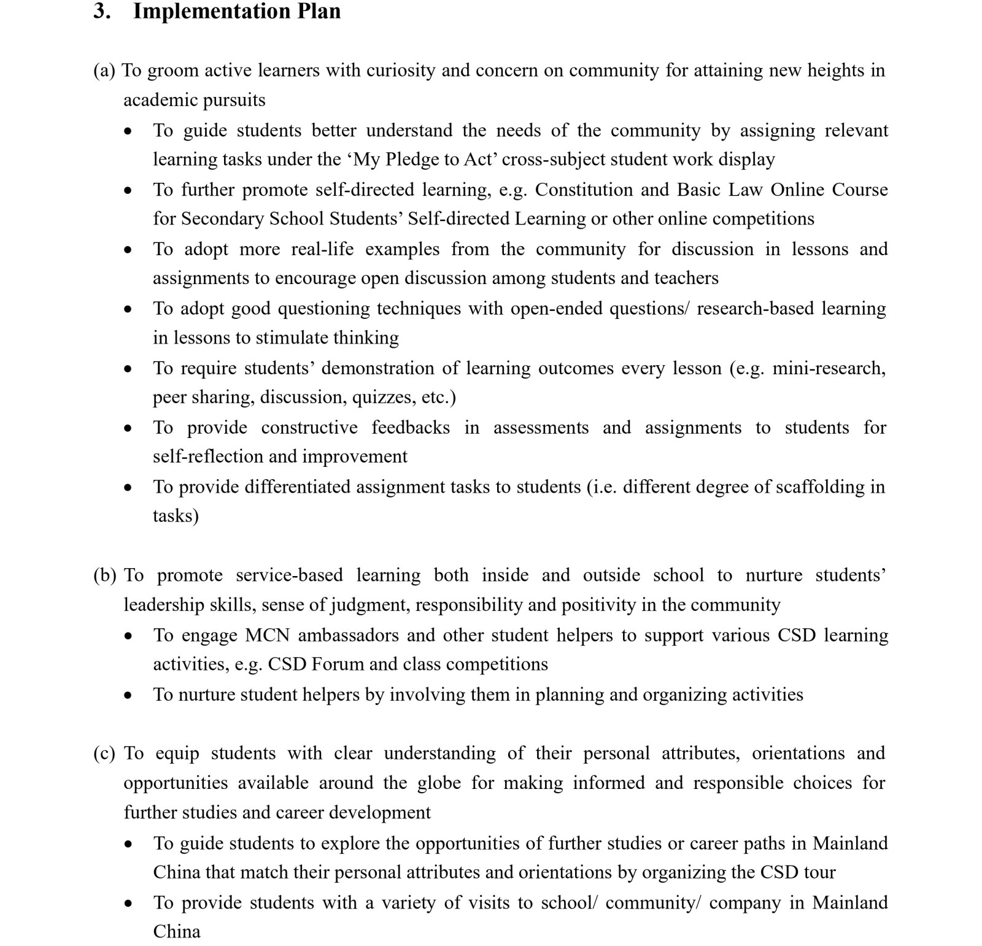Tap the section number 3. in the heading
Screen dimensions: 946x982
tap(101, 12)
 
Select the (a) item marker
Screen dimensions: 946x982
tap(104, 71)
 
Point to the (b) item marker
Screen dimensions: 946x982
tap(104, 575)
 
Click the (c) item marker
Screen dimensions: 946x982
tap(104, 753)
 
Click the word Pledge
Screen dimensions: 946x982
tap(414, 160)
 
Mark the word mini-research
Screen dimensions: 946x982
tap(829, 368)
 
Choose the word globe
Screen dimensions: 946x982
tap(439, 783)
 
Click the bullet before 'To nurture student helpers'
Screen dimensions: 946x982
tap(128, 695)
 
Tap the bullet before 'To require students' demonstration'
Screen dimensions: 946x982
tap(128, 369)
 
